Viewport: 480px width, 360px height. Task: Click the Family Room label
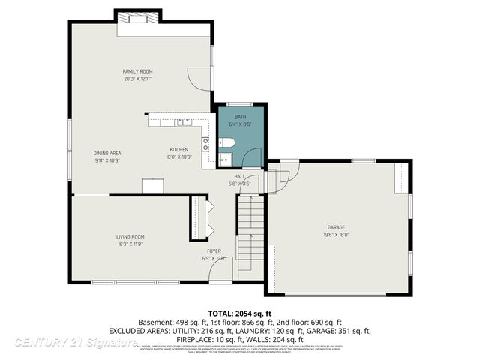click(x=137, y=72)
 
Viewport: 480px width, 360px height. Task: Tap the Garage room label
click(x=335, y=226)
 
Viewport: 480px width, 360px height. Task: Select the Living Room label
click(x=130, y=236)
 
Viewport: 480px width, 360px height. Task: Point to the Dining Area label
click(x=107, y=153)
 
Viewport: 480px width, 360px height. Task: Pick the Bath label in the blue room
click(x=240, y=117)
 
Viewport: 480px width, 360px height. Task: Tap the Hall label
click(x=239, y=176)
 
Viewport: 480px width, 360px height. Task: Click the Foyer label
click(x=214, y=251)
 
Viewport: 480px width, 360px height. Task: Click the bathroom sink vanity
click(x=225, y=158)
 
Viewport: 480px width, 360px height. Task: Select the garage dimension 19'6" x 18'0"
click(x=335, y=234)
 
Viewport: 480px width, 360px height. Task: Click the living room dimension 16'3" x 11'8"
click(x=130, y=244)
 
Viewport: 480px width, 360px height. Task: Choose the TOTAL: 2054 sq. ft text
click(x=240, y=313)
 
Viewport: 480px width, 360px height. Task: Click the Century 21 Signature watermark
click(x=75, y=343)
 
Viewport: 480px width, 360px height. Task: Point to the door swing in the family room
click(x=196, y=77)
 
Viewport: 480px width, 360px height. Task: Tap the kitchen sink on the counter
click(x=185, y=121)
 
